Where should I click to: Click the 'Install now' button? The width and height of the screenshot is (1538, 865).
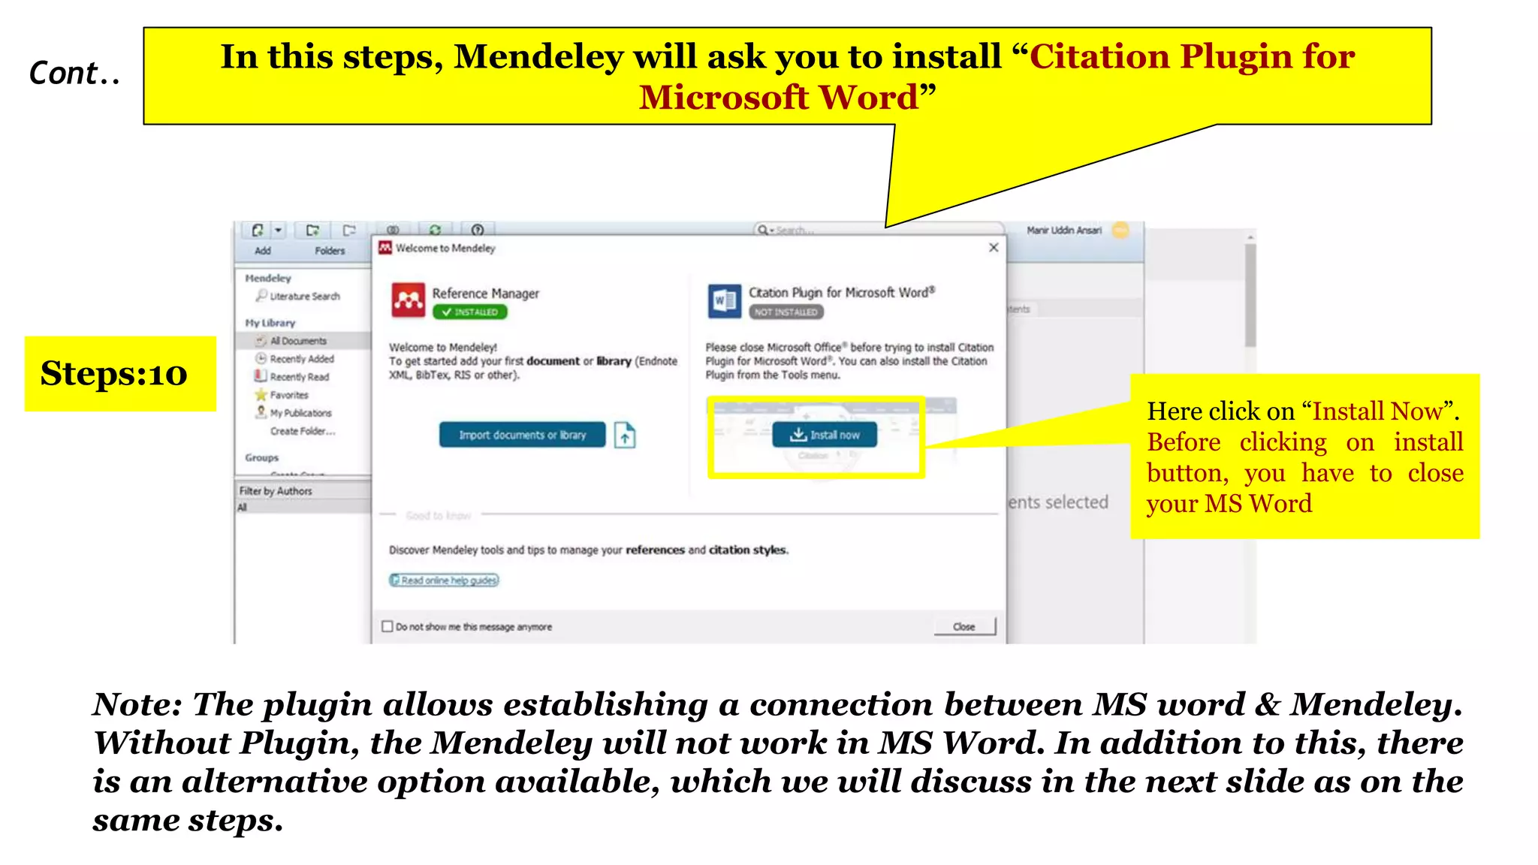(x=824, y=435)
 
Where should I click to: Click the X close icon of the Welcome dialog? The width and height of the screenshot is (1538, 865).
(x=994, y=248)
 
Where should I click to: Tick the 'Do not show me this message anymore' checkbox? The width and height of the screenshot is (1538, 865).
(x=388, y=626)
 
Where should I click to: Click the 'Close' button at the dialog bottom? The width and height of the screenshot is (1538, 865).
(x=964, y=626)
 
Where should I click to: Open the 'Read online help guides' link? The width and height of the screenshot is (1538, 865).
(x=444, y=580)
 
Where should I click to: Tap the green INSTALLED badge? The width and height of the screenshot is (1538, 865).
(x=469, y=312)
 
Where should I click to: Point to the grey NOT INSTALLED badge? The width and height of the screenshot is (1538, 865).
(x=786, y=312)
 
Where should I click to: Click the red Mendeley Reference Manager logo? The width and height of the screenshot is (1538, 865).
(x=409, y=300)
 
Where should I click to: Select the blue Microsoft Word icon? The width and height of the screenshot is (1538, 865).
(x=724, y=301)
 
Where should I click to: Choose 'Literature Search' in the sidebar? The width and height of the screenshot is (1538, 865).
(x=304, y=297)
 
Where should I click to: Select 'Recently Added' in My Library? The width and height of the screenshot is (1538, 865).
(x=301, y=359)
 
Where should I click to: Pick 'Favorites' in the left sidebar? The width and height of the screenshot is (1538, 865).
(x=289, y=395)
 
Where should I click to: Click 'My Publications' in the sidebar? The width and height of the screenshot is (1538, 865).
(x=300, y=413)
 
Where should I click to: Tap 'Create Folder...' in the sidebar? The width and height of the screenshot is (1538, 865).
(x=303, y=431)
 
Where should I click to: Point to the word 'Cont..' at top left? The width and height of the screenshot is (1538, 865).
(x=74, y=74)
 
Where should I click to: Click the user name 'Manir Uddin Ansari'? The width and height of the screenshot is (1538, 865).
(x=1063, y=231)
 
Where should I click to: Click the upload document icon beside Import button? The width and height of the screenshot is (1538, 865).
(x=625, y=435)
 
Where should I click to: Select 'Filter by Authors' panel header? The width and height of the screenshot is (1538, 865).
(x=276, y=491)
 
